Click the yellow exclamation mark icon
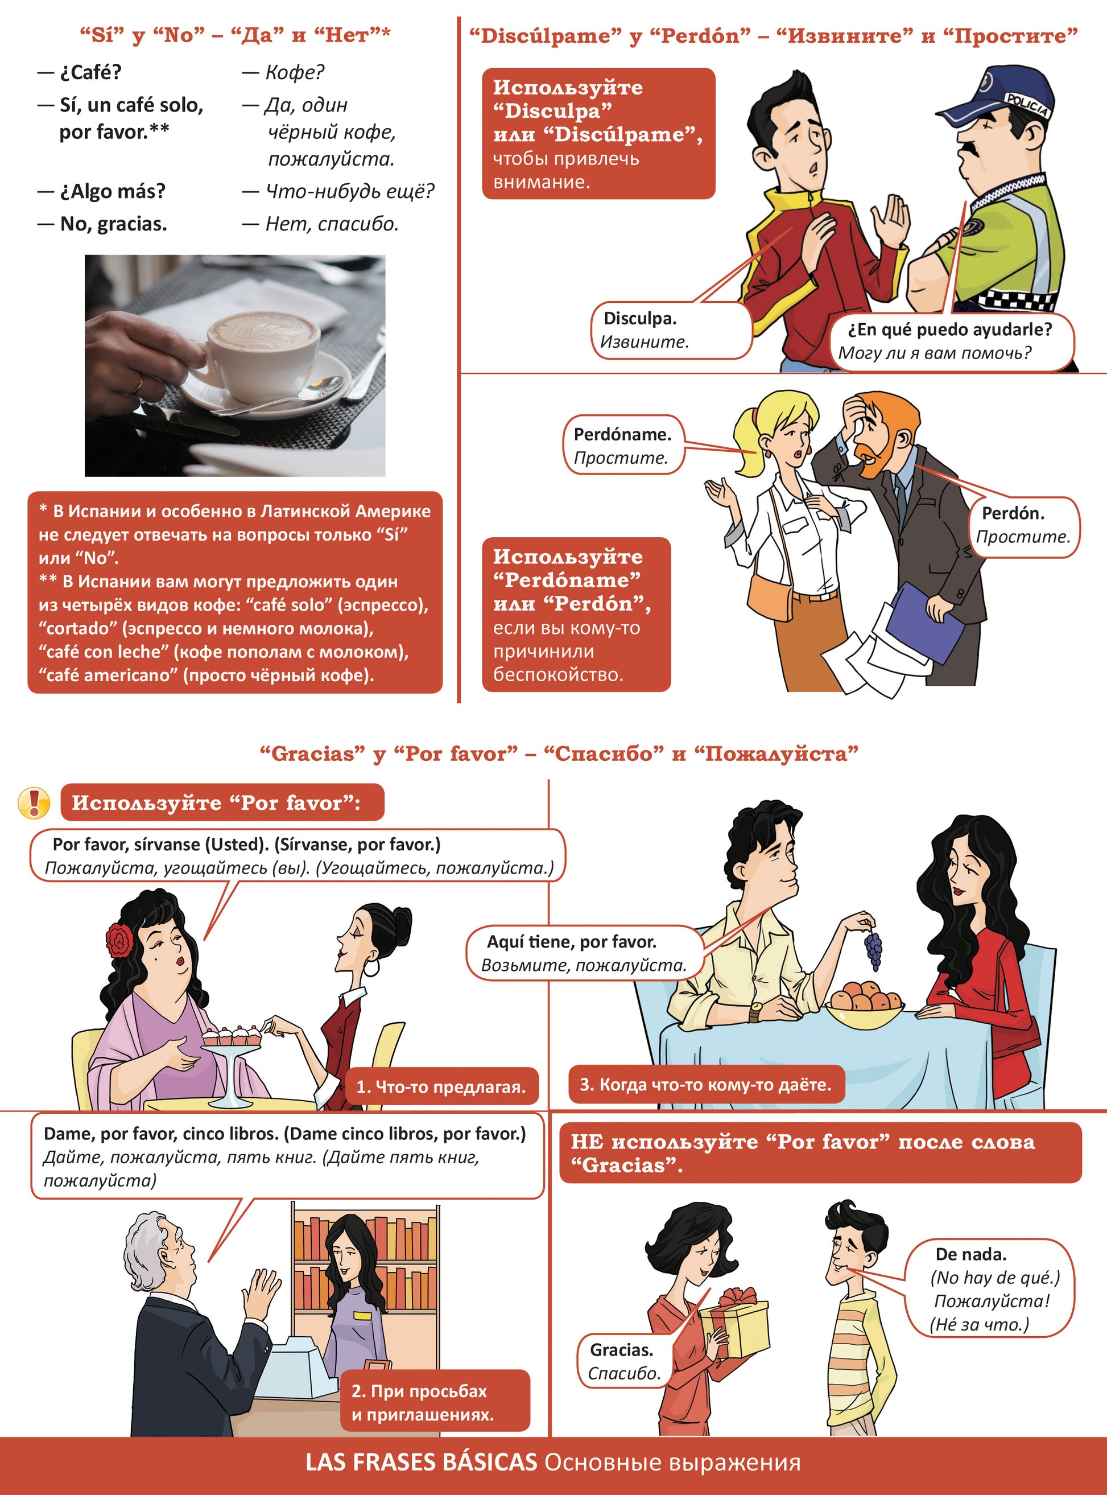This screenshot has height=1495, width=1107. (34, 802)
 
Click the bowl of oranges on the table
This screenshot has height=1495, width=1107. (865, 1004)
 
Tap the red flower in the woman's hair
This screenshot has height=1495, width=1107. (119, 939)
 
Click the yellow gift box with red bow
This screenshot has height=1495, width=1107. (734, 1320)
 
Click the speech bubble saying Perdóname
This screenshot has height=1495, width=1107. (623, 445)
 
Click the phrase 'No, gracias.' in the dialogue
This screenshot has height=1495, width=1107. (113, 224)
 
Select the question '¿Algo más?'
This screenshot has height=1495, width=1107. (112, 191)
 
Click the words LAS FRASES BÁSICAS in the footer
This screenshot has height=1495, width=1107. (422, 1462)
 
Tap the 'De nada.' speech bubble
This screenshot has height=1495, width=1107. (989, 1288)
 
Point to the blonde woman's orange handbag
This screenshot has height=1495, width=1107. (771, 596)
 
